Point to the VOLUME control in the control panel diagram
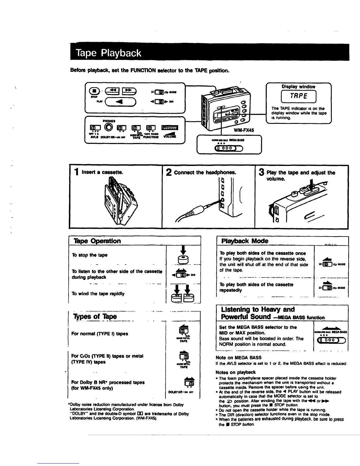click(170, 127)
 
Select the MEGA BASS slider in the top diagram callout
click(229, 148)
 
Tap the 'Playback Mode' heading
click(245, 241)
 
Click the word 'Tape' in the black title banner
click(86, 53)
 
